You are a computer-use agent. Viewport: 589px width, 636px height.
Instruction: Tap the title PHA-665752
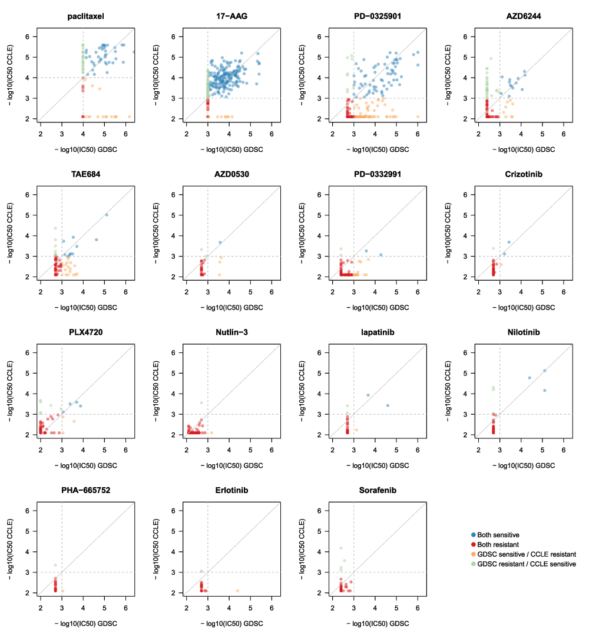[x=85, y=490]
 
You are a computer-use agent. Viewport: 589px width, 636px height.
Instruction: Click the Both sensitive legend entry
[x=498, y=535]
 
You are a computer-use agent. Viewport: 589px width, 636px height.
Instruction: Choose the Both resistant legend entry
[x=498, y=545]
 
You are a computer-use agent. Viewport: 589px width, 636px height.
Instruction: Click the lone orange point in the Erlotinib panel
[x=238, y=591]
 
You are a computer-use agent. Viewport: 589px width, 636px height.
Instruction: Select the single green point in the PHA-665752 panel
[x=55, y=565]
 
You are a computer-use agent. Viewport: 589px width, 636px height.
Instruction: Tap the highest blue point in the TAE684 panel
[x=107, y=215]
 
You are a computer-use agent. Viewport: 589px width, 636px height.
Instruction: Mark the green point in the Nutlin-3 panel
[x=201, y=403]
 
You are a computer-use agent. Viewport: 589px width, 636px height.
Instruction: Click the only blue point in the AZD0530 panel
[x=220, y=242]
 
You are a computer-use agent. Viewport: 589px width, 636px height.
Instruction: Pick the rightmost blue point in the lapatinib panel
[x=388, y=405]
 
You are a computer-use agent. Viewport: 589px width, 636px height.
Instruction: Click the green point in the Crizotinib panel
[x=494, y=248]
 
